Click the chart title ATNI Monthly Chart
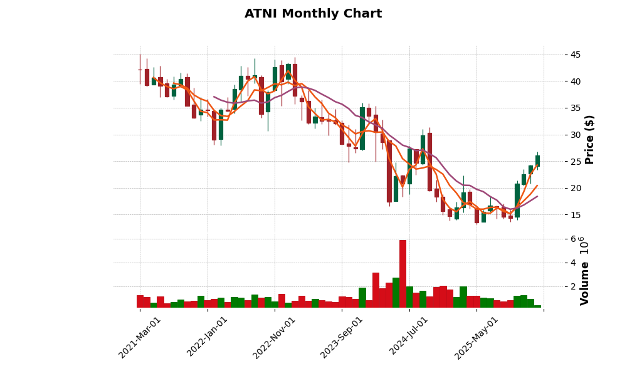point(313,14)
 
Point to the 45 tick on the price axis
point(575,55)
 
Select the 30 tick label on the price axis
point(575,135)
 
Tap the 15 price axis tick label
point(575,215)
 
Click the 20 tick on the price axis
point(575,188)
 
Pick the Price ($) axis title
point(590,139)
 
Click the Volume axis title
point(585,283)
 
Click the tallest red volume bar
point(403,274)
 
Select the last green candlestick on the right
point(537,161)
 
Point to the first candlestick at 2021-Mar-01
point(140,70)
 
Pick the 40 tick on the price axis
point(575,81)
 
